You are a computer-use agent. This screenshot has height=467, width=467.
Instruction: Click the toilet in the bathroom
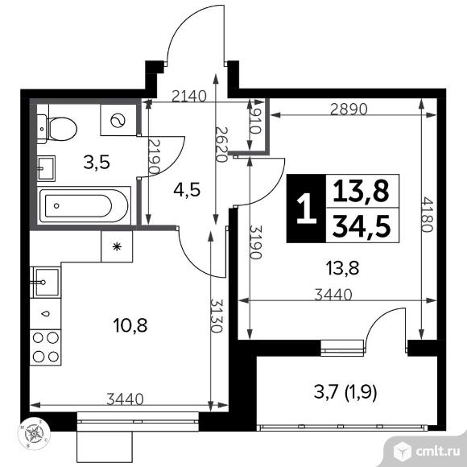(x=57, y=129)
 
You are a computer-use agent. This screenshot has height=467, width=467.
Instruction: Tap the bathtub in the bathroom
(x=84, y=205)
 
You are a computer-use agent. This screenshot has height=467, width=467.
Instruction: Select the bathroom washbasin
(x=46, y=168)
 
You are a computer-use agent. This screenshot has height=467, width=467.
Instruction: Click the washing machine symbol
(x=118, y=120)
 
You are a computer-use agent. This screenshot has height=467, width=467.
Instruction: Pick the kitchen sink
(x=46, y=283)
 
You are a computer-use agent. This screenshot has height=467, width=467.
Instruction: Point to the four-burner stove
(x=46, y=347)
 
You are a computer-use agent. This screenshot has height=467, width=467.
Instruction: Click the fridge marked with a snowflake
(x=117, y=246)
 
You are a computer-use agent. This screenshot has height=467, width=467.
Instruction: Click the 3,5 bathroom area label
(x=97, y=163)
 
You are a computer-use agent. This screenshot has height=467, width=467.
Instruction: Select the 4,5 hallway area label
(x=187, y=189)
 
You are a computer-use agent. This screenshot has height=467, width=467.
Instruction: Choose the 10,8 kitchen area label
(x=130, y=325)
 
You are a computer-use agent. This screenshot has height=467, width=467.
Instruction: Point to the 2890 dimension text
(x=349, y=109)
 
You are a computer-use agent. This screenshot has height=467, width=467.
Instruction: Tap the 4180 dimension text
(x=426, y=214)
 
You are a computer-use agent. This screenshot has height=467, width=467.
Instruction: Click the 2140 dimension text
(x=189, y=96)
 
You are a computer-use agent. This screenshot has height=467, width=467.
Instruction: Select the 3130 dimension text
(x=217, y=315)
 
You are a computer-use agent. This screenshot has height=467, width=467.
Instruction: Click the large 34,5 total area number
(x=362, y=226)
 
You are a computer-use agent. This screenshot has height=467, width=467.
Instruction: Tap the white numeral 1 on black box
(x=306, y=209)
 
